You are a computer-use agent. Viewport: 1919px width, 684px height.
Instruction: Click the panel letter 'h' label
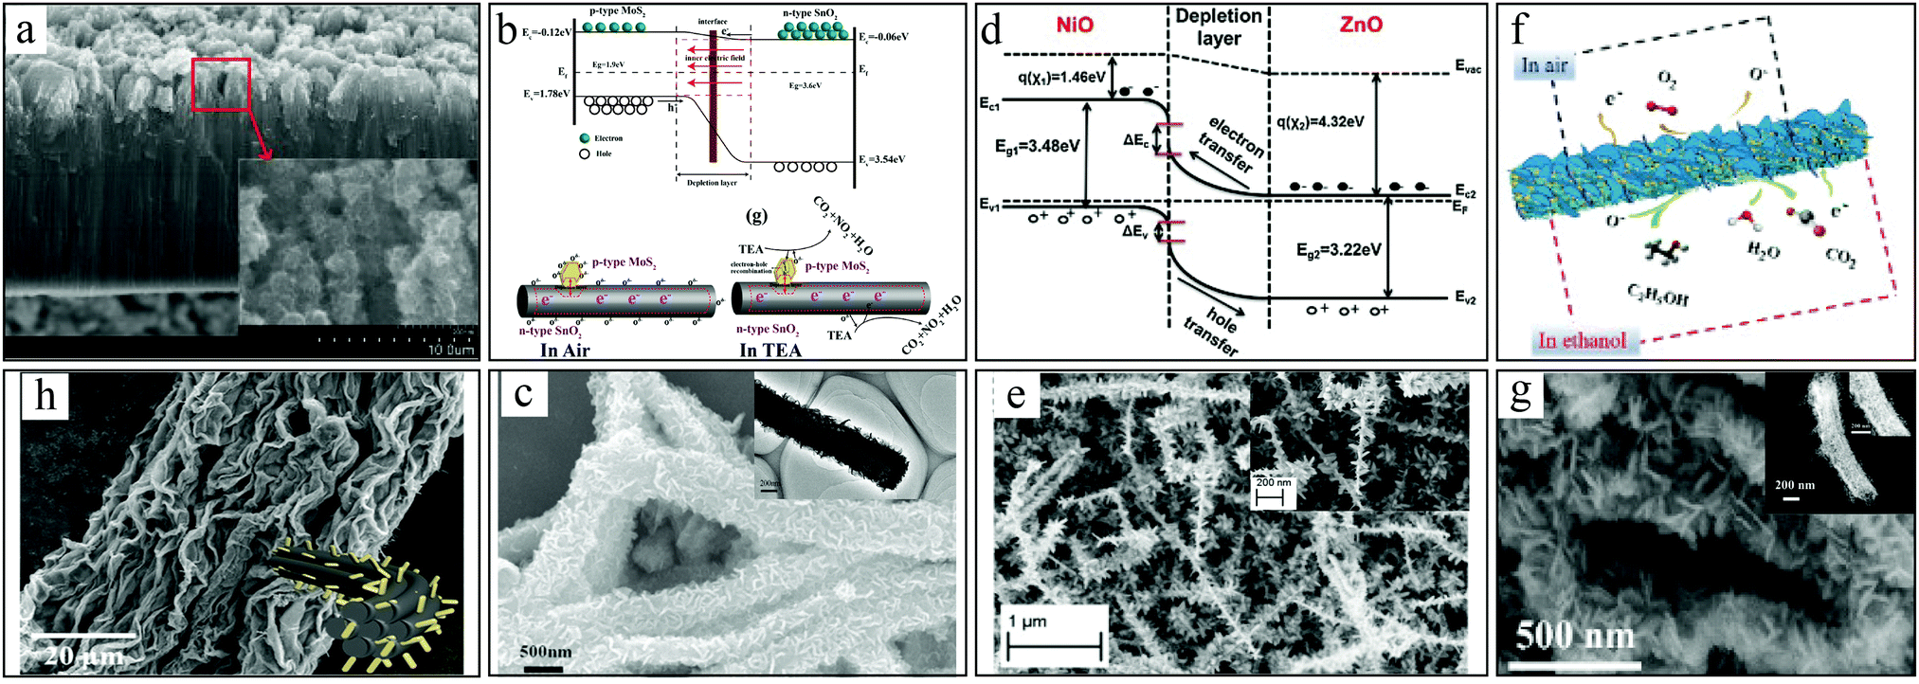pos(45,396)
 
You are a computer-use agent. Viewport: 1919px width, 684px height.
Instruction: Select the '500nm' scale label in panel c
pos(545,651)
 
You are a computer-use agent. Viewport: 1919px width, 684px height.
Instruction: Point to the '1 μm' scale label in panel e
pos(1027,621)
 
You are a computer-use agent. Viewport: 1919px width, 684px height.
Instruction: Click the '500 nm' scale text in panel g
pos(1575,636)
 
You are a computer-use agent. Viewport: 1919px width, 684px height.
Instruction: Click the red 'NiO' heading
pos(1075,25)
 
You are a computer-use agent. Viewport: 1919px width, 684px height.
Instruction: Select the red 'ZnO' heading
pos(1361,25)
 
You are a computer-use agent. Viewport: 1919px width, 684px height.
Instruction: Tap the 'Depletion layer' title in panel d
pos(1219,27)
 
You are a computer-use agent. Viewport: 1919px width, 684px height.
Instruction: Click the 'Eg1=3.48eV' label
pos(1037,146)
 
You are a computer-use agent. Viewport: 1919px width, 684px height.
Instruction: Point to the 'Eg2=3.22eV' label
pos(1338,250)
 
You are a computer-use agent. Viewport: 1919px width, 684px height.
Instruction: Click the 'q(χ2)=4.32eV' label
pos(1320,122)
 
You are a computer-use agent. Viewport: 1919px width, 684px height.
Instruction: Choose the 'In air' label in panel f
pos(1545,65)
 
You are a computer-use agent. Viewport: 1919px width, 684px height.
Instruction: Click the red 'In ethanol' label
pos(1582,341)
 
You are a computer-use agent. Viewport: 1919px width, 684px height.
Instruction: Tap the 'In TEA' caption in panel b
pos(770,350)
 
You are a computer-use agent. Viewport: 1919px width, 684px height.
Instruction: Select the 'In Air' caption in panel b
pos(565,350)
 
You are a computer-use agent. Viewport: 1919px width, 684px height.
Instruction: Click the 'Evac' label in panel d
pos(1468,68)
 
